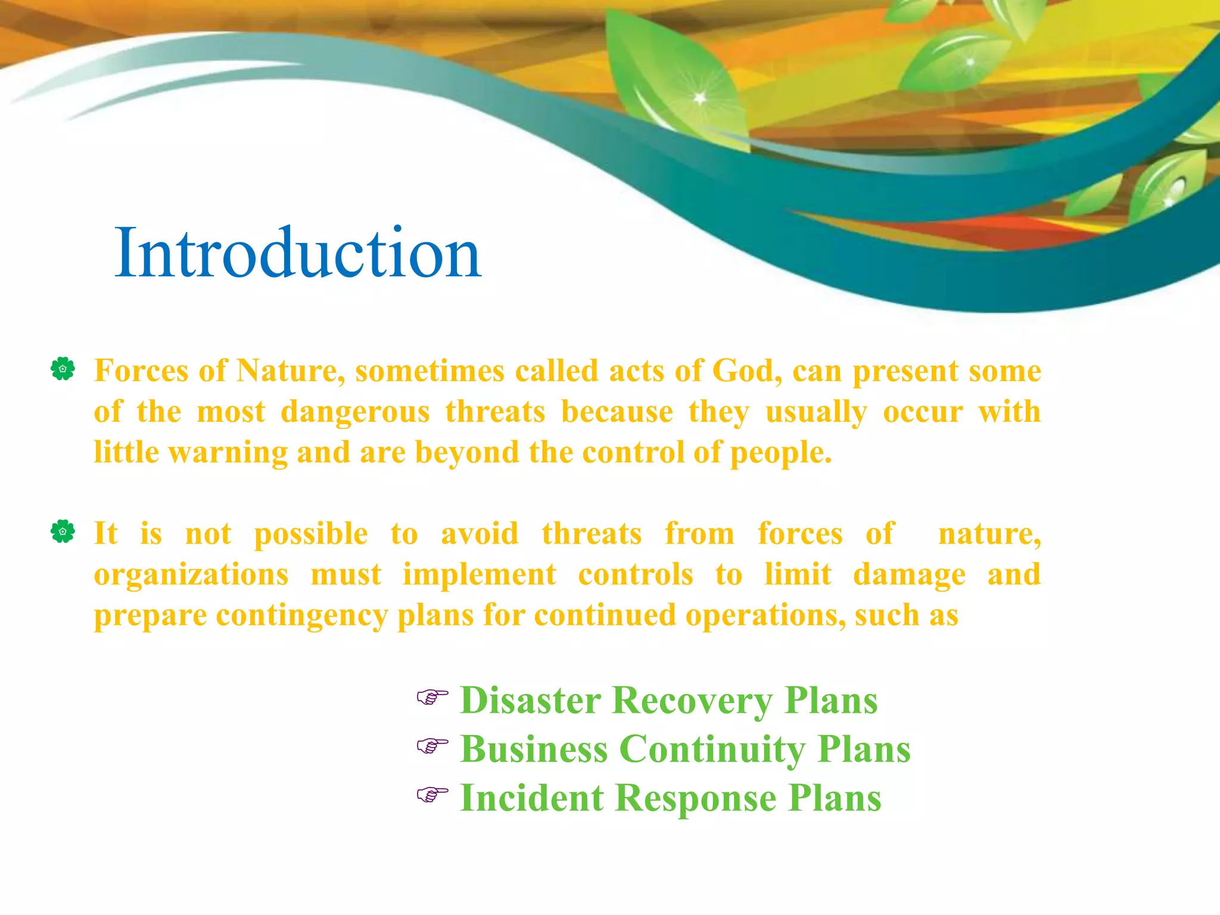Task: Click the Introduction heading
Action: (298, 253)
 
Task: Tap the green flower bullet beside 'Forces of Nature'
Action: (63, 369)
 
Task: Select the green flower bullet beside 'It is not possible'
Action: (63, 531)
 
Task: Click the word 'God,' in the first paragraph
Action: (747, 371)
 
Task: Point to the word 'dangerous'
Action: (355, 412)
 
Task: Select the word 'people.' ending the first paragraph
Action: (781, 453)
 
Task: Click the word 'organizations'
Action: (191, 574)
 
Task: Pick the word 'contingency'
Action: (302, 615)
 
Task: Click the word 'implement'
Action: (480, 574)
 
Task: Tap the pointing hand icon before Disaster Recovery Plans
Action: (432, 696)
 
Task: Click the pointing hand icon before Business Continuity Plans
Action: (432, 745)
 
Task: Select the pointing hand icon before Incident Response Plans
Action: (432, 794)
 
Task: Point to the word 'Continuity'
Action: (712, 749)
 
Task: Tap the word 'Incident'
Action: (532, 798)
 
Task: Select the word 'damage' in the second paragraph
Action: (909, 575)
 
